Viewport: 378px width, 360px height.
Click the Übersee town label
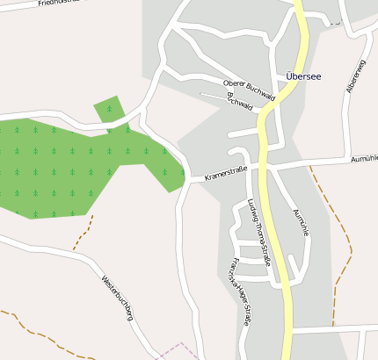tap(303, 76)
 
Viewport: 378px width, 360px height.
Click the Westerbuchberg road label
tap(118, 299)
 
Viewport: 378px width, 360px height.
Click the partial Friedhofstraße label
tap(62, 4)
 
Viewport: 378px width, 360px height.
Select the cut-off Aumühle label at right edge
tap(364, 159)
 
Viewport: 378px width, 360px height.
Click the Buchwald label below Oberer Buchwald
tap(240, 102)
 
